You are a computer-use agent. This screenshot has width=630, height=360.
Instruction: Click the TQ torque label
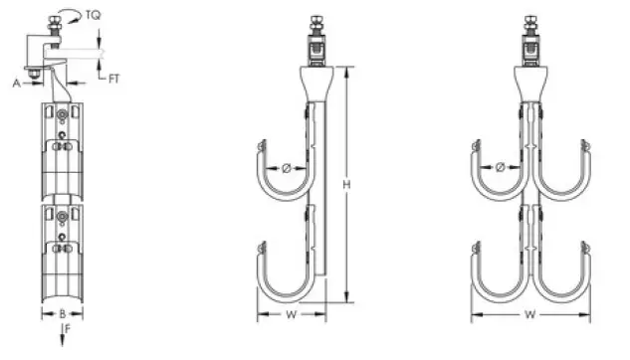pyautogui.click(x=93, y=16)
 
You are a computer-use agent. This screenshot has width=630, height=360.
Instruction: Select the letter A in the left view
pyautogui.click(x=17, y=85)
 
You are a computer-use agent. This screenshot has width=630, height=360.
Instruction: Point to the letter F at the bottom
pyautogui.click(x=66, y=325)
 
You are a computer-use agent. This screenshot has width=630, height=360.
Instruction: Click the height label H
pyautogui.click(x=346, y=185)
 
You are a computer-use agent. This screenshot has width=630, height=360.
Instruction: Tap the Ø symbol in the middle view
pyautogui.click(x=287, y=169)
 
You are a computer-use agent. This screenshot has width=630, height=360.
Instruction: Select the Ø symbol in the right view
pyautogui.click(x=500, y=167)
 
